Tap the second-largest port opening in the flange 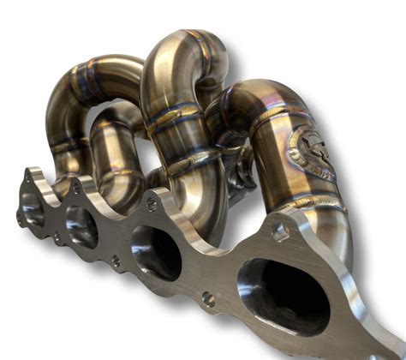155,251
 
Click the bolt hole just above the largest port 278,231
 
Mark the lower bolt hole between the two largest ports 207,299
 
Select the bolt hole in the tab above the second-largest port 152,204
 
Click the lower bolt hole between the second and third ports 115,260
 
